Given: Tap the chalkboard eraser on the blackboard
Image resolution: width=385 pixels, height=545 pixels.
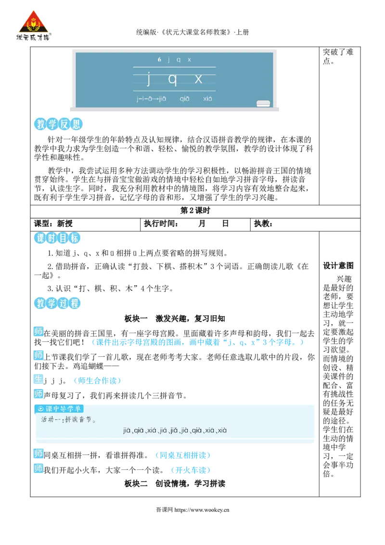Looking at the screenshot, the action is point(263,103).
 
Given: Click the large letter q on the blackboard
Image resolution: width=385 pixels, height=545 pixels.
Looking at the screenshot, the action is point(172,79).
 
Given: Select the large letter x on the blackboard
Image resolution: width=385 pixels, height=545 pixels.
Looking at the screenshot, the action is point(198,79).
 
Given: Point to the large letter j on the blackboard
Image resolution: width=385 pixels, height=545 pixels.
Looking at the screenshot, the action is point(149,78).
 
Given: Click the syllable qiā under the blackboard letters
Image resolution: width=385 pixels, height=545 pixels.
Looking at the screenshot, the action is point(184,99).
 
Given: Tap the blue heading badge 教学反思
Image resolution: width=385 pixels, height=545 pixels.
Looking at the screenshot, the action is point(58,124).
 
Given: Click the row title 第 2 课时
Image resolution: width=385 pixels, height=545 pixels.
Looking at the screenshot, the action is point(195,210).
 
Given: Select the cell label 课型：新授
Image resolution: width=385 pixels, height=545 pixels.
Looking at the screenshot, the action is point(53,223).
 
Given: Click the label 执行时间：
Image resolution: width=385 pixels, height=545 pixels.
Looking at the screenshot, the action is point(161,223).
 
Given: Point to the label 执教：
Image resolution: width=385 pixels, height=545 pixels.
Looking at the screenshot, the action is point(263,223).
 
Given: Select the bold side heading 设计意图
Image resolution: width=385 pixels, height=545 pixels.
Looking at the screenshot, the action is point(338,266).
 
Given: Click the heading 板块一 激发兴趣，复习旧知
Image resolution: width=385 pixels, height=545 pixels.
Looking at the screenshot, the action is point(175,318).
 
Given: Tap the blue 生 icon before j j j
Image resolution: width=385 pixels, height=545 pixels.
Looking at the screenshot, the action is point(38,379).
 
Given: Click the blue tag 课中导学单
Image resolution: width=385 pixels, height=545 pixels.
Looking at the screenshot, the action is point(59,409).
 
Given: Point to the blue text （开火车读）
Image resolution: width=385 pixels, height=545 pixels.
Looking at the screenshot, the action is point(191,470).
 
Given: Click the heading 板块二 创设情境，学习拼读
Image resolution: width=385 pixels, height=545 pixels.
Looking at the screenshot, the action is point(175,483).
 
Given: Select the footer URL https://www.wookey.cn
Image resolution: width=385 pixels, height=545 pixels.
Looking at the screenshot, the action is point(202,510).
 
